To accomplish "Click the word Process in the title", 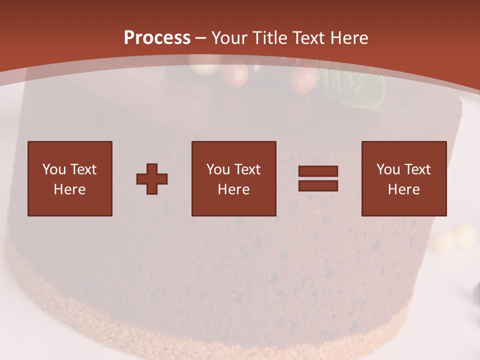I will pos(157,38).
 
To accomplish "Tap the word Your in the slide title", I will pos(229,38).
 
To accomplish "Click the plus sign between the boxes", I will pos(152,178).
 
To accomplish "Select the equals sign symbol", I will pos(318,178).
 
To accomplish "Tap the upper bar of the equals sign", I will pos(318,171).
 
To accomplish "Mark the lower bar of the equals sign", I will pos(318,185).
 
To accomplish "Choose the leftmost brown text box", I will pos(70,178).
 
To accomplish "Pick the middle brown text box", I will pos(233,178).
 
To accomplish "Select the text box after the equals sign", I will pos(403,178).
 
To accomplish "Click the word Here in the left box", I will pos(70,189).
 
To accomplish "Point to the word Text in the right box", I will pos(417,169).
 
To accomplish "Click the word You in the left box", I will pos(53,169).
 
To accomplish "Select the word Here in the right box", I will pos(403,189).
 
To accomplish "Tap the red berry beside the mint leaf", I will pos(301,80).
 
